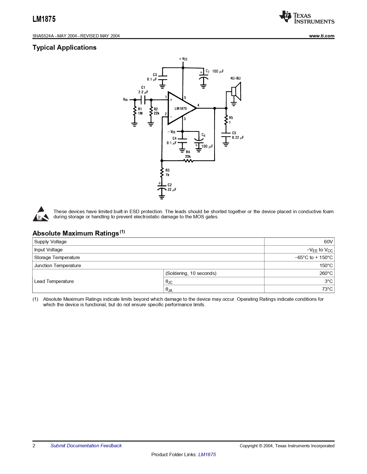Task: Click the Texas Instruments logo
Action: (x=307, y=18)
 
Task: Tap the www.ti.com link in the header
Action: (x=322, y=36)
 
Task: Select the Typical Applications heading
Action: (x=64, y=48)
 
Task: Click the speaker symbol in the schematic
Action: (x=236, y=92)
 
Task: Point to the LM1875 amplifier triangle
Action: (x=181, y=108)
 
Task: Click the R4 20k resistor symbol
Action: (x=188, y=161)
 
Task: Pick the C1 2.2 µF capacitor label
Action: (x=143, y=90)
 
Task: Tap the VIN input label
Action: (x=125, y=100)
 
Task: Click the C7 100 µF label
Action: (x=214, y=71)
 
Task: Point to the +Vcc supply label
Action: (x=183, y=59)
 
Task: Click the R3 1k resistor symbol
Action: (x=162, y=172)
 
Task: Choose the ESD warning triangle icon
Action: (x=41, y=214)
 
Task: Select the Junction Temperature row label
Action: (x=58, y=265)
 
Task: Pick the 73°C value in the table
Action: (x=327, y=289)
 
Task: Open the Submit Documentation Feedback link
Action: (x=86, y=446)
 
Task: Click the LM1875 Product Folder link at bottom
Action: (x=207, y=454)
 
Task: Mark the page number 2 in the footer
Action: (x=34, y=446)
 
